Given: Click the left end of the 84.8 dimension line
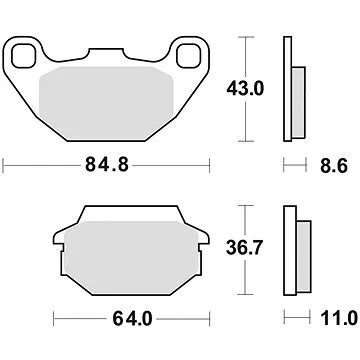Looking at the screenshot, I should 3,161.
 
